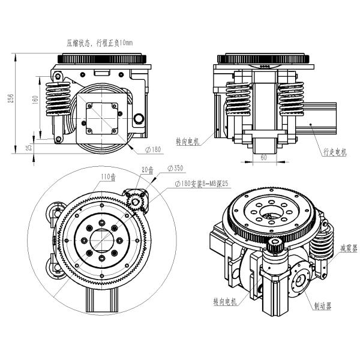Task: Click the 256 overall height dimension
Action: [11, 98]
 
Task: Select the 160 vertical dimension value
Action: [35, 100]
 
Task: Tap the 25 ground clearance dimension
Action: [29, 147]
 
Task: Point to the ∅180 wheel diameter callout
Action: [153, 149]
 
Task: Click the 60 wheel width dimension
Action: [264, 157]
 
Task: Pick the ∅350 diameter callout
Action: [176, 168]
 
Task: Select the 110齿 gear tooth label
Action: [109, 177]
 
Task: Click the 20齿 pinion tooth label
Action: [148, 170]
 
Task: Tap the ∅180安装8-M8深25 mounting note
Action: [202, 184]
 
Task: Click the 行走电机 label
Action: [335, 152]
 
